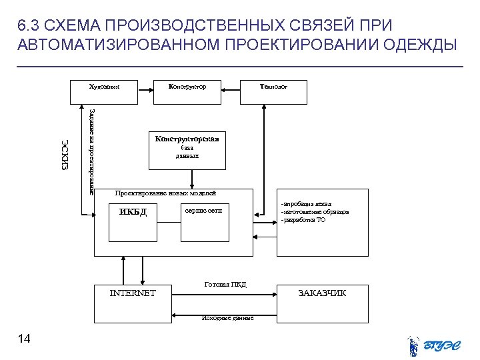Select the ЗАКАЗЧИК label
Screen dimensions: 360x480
(x=322, y=293)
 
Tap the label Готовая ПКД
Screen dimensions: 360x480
(x=225, y=285)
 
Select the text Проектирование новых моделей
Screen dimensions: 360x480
(x=165, y=193)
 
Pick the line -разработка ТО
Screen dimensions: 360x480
(x=303, y=220)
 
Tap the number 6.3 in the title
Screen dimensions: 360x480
(x=29, y=25)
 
